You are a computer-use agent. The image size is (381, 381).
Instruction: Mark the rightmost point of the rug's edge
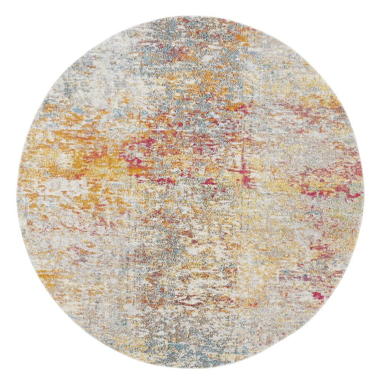click(x=365, y=190)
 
